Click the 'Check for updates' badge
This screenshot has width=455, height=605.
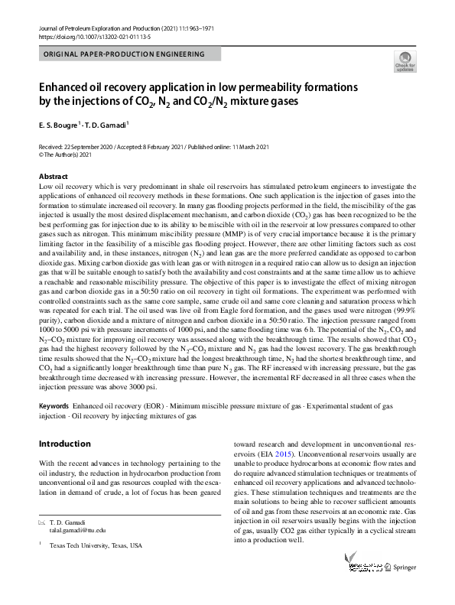[405, 61]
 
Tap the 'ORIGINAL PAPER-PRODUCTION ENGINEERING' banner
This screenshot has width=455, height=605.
[125, 54]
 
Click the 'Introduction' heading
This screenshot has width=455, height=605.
[64, 444]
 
